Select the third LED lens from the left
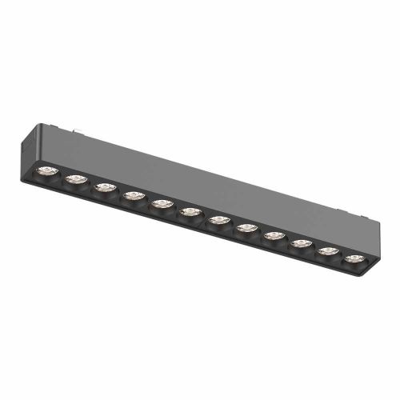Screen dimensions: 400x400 (104, 188)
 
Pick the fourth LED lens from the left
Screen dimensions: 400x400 (133, 196)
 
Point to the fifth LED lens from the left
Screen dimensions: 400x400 (162, 204)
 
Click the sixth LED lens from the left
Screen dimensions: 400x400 (190, 212)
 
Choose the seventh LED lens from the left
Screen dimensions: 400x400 (218, 219)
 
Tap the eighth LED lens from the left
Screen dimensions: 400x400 (246, 228)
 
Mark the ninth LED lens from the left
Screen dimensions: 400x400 (274, 236)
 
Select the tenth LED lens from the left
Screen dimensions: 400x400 (302, 243)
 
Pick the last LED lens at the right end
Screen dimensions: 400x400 (354, 258)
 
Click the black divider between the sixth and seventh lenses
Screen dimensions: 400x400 (204, 216)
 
